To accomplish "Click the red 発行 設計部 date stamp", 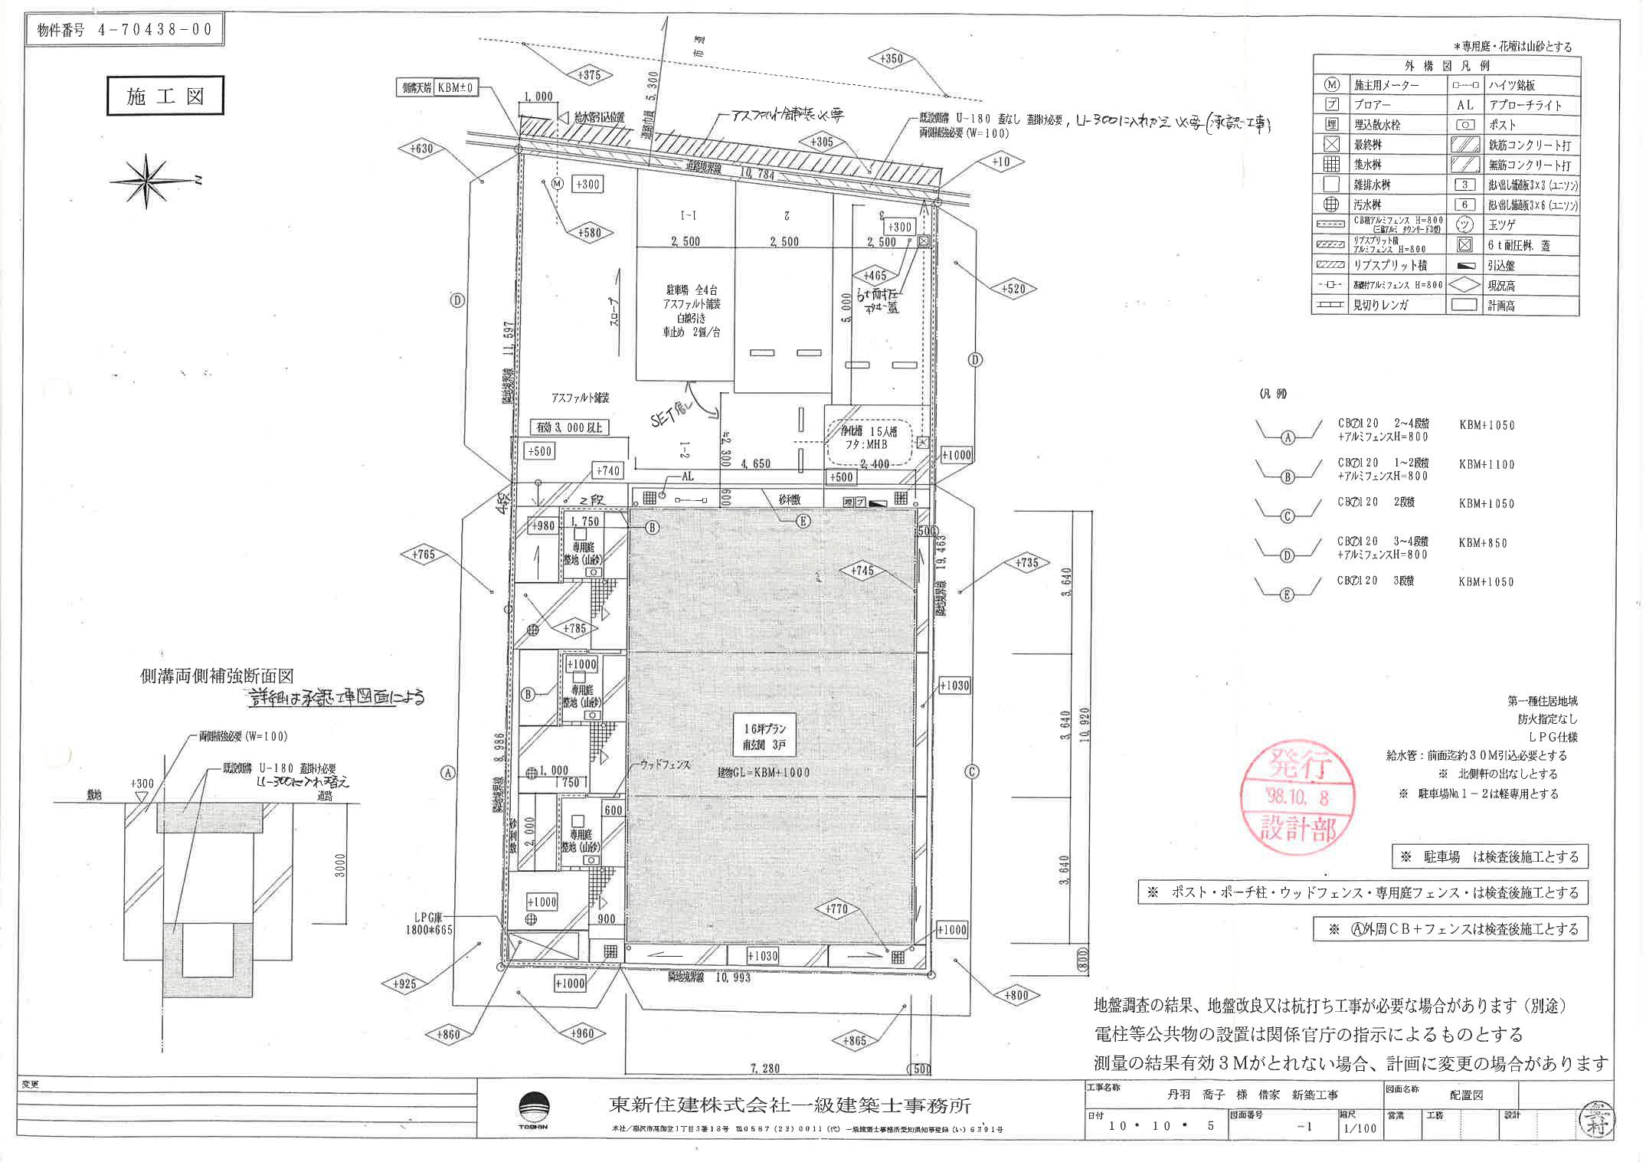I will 1297,797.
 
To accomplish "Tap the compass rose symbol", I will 148,181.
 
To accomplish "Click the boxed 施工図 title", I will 165,97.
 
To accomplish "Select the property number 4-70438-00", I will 126,31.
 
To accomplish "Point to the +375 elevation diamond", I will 590,74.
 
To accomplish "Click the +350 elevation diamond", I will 891,59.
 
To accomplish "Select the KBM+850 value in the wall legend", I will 1483,543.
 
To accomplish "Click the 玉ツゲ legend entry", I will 1500,225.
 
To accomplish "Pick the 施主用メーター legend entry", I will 1386,86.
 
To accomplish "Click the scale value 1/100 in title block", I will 1358,1128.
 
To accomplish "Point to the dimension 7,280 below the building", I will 764,1068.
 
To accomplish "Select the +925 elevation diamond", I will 404,984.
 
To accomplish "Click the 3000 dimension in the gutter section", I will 341,866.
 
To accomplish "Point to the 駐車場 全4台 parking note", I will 690,311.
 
